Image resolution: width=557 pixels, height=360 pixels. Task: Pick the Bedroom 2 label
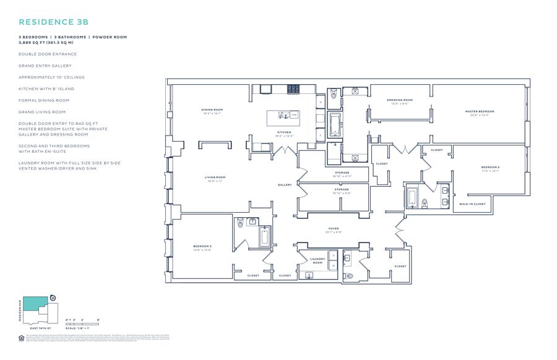click(490, 169)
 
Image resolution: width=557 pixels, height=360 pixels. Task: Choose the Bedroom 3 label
click(202, 247)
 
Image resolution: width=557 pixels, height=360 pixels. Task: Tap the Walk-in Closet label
click(472, 204)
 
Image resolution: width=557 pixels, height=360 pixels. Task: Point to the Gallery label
click(285, 185)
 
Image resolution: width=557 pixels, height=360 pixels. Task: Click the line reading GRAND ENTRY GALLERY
click(45, 66)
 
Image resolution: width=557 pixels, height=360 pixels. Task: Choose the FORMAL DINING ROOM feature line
click(43, 100)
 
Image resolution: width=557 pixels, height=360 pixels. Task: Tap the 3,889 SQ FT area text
click(35, 43)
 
